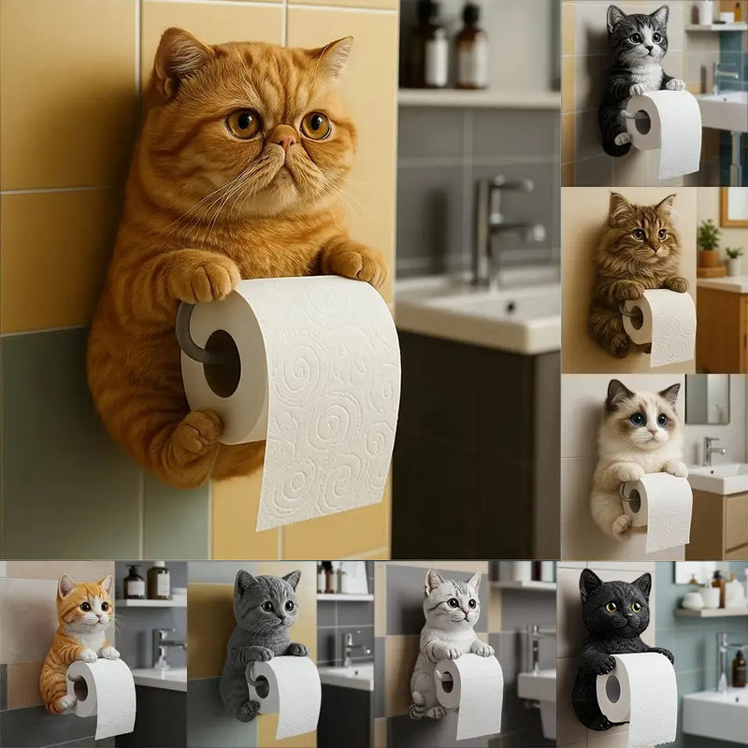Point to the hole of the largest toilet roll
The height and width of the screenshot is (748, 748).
[x=222, y=363]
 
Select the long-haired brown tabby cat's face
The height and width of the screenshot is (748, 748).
[x=640, y=232]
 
